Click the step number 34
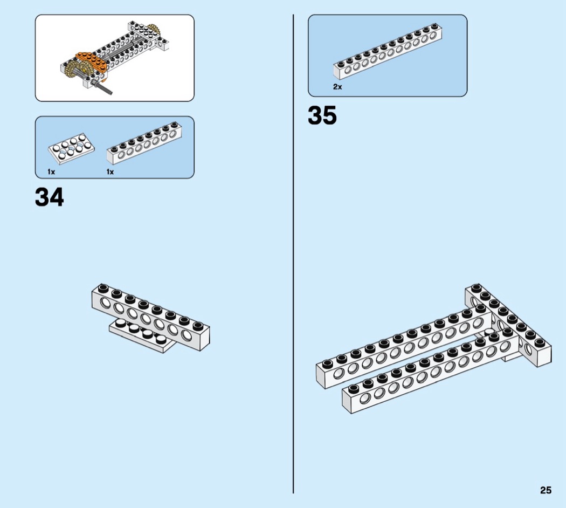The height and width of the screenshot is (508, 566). [50, 197]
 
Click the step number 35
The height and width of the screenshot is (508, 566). [322, 115]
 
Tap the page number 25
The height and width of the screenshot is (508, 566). [546, 490]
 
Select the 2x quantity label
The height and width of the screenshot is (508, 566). [337, 87]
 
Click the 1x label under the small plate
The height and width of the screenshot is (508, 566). [51, 172]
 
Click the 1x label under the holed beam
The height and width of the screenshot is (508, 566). [110, 172]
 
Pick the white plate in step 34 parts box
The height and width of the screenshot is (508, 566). [72, 148]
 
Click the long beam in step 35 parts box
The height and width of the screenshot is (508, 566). [388, 51]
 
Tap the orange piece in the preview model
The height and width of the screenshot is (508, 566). [92, 62]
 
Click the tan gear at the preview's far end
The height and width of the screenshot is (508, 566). [155, 30]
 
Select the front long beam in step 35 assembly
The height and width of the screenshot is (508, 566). [430, 372]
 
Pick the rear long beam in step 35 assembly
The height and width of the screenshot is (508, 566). [404, 347]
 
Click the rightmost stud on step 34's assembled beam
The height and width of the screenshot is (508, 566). [198, 326]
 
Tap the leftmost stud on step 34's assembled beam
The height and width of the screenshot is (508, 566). [103, 288]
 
